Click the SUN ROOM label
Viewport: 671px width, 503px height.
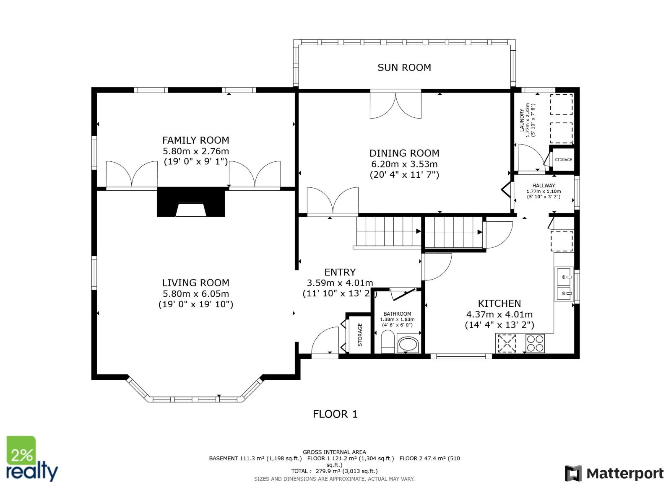click(x=404, y=67)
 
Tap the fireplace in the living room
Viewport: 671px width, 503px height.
click(x=191, y=202)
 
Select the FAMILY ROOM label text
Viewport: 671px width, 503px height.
click(x=195, y=140)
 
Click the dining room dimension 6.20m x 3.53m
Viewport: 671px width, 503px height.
click(x=404, y=164)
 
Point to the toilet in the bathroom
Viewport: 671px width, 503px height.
click(x=388, y=342)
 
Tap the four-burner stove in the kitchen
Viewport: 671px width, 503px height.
click(x=535, y=343)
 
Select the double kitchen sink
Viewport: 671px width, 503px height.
click(x=564, y=284)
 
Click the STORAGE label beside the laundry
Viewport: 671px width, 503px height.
click(x=563, y=160)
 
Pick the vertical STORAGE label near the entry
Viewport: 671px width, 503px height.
click(x=360, y=334)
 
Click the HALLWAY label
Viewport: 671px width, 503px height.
click(x=544, y=185)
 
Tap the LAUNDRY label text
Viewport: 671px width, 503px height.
click(x=522, y=120)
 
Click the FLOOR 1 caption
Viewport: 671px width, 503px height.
click(x=335, y=414)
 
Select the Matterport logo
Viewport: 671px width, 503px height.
click(x=614, y=473)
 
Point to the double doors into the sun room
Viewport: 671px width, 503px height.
click(x=395, y=105)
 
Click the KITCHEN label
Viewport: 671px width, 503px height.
click(x=499, y=303)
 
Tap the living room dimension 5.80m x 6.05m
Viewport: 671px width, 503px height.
click(x=195, y=294)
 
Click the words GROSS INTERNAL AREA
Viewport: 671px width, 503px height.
click(x=334, y=452)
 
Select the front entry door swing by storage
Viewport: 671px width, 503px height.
click(x=325, y=342)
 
